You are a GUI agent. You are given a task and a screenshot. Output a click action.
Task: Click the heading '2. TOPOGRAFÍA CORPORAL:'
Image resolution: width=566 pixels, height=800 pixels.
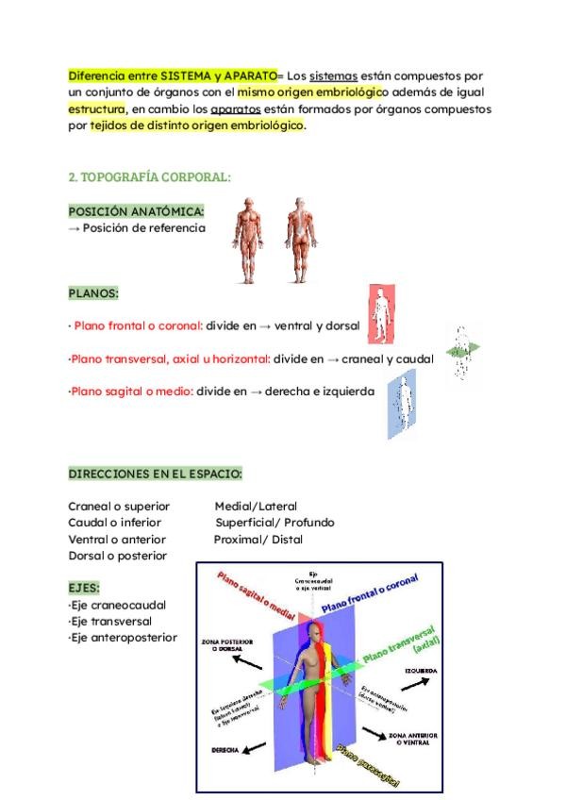click(150, 176)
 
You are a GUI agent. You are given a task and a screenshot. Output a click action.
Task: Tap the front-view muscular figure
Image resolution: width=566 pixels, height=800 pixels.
click(249, 240)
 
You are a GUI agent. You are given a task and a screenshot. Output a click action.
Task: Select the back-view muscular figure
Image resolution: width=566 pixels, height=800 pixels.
click(299, 240)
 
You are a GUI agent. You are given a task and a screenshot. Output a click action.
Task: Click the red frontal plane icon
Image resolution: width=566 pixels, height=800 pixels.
click(381, 314)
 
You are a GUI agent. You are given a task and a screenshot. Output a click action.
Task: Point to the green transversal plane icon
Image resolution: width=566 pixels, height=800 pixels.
click(462, 352)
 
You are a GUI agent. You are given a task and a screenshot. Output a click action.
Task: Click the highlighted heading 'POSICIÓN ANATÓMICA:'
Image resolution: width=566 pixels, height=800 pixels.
click(136, 211)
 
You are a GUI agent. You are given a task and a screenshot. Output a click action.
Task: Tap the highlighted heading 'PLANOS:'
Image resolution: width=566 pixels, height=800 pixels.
click(93, 293)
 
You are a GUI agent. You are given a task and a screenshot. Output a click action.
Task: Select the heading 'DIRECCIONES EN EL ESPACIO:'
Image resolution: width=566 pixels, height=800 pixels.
click(156, 473)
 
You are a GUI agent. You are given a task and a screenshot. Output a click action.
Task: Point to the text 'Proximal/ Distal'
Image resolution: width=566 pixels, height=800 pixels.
click(258, 540)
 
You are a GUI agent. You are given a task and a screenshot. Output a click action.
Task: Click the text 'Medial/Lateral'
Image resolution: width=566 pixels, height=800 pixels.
click(255, 506)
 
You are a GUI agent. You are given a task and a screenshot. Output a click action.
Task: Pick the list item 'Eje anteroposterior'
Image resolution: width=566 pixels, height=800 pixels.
click(123, 638)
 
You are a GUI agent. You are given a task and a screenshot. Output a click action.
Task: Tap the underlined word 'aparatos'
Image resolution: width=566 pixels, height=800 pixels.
click(236, 108)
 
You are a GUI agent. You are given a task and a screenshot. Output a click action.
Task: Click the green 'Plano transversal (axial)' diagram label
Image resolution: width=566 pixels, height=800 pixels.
click(401, 642)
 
